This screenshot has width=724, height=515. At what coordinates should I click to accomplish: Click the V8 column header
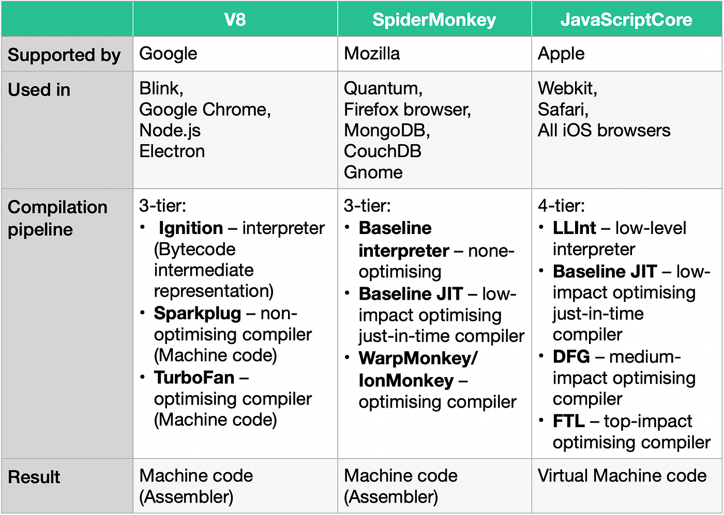[x=235, y=20]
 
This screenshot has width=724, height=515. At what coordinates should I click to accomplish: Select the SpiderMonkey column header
[x=434, y=20]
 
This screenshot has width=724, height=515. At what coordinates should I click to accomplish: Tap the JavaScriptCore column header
[x=626, y=20]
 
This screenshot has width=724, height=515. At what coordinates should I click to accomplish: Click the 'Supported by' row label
[x=64, y=55]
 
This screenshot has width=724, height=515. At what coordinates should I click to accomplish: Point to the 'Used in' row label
[x=39, y=89]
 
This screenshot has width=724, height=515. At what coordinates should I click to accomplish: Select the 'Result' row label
[x=34, y=477]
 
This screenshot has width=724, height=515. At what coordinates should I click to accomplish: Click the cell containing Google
[x=235, y=54]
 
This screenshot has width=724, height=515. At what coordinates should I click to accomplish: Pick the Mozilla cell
[x=434, y=54]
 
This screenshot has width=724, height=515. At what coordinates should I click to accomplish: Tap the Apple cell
[x=626, y=54]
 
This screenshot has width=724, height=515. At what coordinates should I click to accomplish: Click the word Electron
[x=172, y=151]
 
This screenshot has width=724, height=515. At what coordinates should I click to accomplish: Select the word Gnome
[x=373, y=172]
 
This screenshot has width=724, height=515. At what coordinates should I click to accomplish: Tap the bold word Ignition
[x=191, y=228]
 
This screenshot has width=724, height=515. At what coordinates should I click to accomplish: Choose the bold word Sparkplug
[x=198, y=314]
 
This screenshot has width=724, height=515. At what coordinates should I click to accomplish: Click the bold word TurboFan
[x=194, y=378]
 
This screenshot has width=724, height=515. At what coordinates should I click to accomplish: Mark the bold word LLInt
[x=574, y=228]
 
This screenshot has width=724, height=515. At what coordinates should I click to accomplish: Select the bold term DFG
[x=571, y=356]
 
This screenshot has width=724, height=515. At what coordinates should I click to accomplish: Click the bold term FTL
[x=568, y=420]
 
